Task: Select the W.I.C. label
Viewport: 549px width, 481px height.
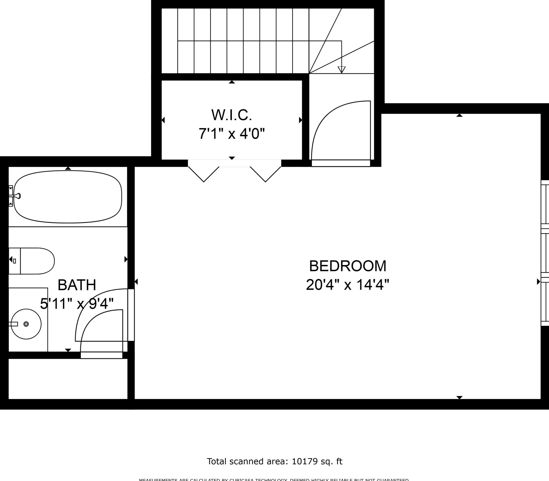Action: (232, 115)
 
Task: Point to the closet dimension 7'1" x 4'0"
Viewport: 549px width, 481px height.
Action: (232, 133)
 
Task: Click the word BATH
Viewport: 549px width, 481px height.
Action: (77, 285)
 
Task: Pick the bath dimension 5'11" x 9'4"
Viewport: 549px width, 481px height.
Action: (77, 304)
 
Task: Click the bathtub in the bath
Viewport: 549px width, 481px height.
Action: (68, 197)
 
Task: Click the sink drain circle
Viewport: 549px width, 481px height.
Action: (26, 324)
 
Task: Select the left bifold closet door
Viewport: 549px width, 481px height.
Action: (204, 174)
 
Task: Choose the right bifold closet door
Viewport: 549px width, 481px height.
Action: (265, 174)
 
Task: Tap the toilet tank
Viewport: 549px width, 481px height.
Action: (14, 261)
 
